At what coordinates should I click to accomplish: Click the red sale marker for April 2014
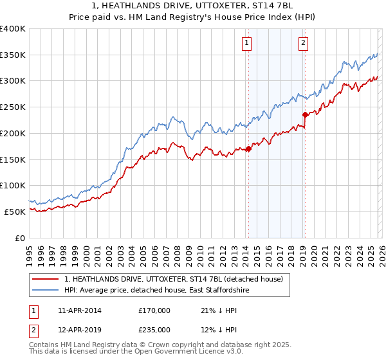coord(248,149)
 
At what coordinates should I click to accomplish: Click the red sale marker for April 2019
coord(304,115)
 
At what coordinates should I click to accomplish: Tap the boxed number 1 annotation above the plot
coord(247,43)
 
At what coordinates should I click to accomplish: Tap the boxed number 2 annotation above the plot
coord(303,43)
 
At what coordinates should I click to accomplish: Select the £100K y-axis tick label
coord(13,185)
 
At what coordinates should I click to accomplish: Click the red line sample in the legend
coord(46,280)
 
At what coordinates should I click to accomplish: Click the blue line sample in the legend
coord(46,291)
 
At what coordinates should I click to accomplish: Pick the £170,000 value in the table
coord(154,310)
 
